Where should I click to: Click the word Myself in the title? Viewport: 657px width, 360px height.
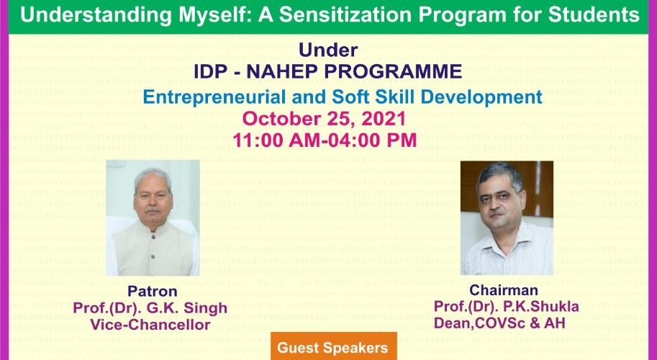[212, 16]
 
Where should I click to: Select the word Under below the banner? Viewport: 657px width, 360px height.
[328, 50]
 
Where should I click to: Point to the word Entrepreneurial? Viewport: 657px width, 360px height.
[214, 97]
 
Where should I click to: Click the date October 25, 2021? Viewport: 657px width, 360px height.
[325, 119]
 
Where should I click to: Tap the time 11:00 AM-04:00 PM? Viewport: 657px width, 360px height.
[325, 140]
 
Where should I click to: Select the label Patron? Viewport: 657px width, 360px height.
[152, 292]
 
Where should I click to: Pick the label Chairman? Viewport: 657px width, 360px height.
[503, 290]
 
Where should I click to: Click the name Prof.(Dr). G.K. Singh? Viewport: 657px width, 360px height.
[150, 308]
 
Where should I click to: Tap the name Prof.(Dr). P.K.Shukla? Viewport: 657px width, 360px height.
[506, 306]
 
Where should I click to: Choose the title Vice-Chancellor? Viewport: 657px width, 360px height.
[150, 325]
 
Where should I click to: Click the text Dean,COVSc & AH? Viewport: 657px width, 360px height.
[499, 323]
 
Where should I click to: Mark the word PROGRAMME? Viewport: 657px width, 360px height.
[394, 72]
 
